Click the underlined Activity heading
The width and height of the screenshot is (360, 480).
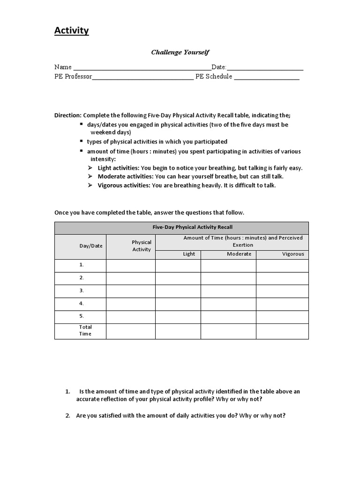coord(71,31)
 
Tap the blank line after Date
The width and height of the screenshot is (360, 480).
coord(265,67)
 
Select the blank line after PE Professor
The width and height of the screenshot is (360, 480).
coord(142,77)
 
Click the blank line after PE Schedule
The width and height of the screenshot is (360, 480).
coord(267,77)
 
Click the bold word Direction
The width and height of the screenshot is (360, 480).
coord(68,115)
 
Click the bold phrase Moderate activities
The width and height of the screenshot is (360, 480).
coord(125,177)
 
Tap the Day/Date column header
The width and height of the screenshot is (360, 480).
coord(91,246)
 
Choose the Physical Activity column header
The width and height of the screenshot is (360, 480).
coord(142,246)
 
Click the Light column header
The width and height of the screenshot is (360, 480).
coord(189,254)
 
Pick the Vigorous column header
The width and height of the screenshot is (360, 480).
coord(293,254)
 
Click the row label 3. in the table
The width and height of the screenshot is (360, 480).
coord(82,291)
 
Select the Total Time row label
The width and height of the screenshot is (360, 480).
coord(85,330)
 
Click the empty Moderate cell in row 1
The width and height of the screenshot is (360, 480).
coord(228,265)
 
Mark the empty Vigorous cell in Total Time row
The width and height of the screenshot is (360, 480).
coord(282,331)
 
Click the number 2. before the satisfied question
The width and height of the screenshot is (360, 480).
coord(68,416)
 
